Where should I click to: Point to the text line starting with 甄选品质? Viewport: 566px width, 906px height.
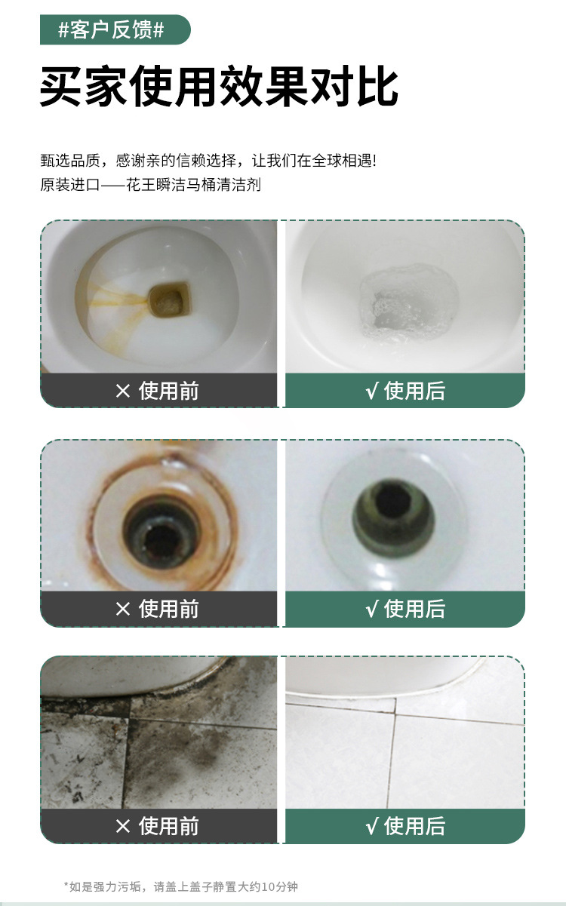click(208, 161)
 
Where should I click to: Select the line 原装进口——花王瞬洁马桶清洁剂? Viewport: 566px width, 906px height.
click(150, 185)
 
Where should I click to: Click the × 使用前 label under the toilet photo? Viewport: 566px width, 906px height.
click(158, 391)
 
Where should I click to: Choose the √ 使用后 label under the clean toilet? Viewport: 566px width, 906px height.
click(405, 391)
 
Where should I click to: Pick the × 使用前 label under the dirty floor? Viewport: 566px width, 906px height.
click(158, 826)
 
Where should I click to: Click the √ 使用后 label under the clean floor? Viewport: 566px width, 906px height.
click(405, 826)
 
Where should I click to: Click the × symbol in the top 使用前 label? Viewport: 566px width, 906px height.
click(123, 391)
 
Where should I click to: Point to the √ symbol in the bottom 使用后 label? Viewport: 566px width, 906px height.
click(371, 826)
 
